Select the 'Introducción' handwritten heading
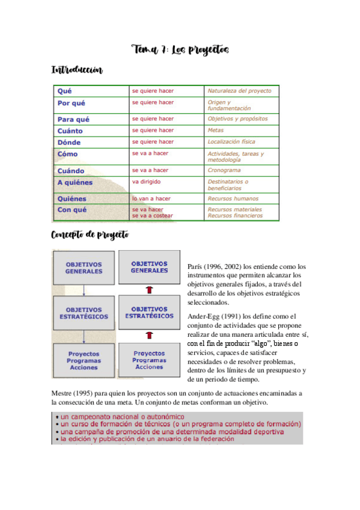coord(77,71)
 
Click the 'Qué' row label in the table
coord(64,91)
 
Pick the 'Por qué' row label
coord(71,103)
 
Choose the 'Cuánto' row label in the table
coord(70,131)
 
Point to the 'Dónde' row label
coord(69,143)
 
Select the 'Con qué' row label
coord(72,210)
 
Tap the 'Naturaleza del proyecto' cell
coord(239,91)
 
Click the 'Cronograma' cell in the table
coord(224,170)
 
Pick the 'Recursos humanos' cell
coord(231,198)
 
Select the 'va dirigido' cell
coord(147,181)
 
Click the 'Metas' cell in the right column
coord(215,131)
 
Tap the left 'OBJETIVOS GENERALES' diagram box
coord(84,268)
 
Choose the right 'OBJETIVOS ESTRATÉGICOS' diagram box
coord(150,313)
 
